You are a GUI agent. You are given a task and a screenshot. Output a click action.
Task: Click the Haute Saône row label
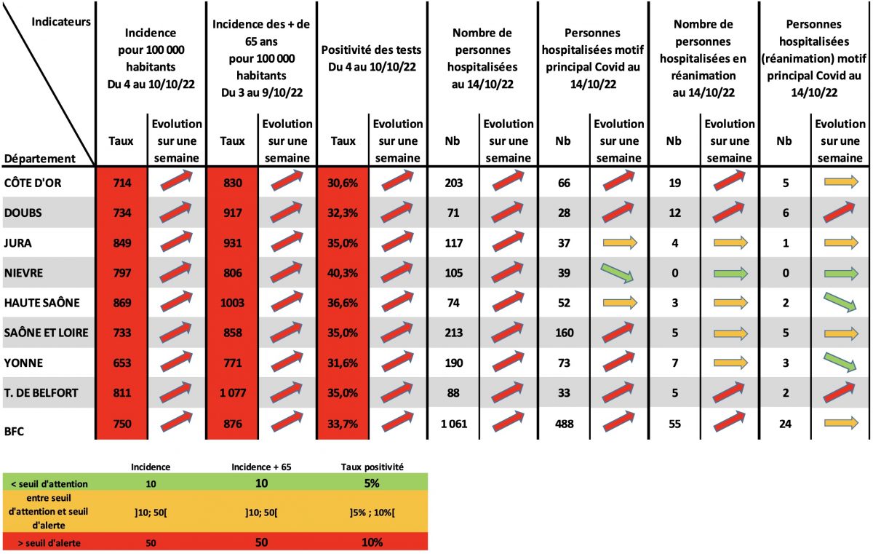[41, 303]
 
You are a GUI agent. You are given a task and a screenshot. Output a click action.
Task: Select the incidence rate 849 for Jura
[122, 243]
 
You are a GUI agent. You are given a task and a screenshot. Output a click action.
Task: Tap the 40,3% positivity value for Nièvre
[343, 273]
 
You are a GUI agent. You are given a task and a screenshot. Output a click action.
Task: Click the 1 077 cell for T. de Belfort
[233, 392]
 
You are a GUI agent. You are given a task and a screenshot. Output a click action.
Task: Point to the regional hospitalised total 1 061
[454, 424]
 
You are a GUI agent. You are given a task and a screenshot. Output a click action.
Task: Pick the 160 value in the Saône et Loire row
[564, 333]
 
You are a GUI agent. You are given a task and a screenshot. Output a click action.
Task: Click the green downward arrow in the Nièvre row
[618, 272]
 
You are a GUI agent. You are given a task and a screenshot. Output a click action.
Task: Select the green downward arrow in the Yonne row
[840, 363]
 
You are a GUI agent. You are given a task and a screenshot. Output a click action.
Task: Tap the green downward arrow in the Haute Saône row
[840, 303]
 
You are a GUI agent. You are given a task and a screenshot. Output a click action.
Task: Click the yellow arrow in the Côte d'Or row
[841, 182]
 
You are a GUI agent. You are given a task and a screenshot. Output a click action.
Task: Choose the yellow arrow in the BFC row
[841, 423]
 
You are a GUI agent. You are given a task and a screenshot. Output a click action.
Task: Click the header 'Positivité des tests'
[371, 50]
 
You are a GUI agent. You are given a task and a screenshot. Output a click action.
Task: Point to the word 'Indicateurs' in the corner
[61, 22]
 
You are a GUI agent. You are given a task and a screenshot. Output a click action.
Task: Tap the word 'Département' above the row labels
[39, 159]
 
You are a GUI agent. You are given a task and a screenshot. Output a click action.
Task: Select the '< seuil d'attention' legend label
[49, 484]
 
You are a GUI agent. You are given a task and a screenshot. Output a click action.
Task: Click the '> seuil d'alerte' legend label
[49, 543]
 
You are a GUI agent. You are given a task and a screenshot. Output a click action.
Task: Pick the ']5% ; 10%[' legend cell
[372, 513]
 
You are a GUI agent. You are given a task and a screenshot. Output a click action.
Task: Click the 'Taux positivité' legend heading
[372, 467]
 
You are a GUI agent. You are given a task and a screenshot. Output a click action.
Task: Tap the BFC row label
[14, 431]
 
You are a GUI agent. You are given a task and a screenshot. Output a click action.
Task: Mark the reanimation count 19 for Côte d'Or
[674, 183]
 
